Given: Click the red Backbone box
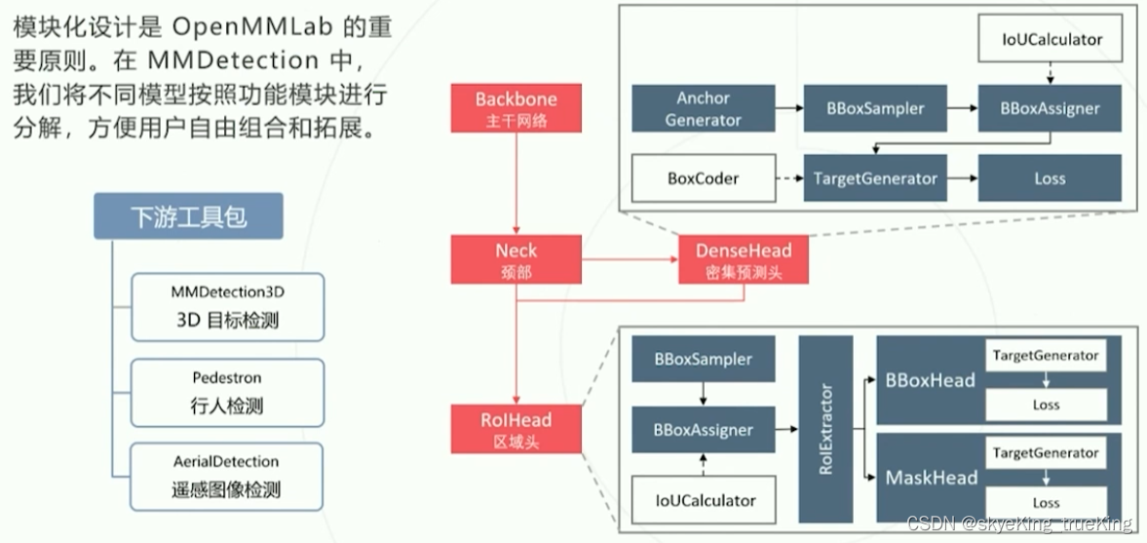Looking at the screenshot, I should point(516,108).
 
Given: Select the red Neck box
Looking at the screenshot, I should point(516,259).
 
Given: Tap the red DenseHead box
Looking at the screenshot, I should point(744,259).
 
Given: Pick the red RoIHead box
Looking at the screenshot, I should point(516,429).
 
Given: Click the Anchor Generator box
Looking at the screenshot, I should point(703,109).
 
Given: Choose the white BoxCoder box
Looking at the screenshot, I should point(703,178).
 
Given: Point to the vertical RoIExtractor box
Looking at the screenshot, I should point(825,428).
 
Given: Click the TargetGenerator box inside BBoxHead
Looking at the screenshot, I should point(1046,356).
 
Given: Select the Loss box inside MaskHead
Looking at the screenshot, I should point(1046,502).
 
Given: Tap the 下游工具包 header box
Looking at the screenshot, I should point(188,216).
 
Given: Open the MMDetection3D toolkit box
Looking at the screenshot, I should point(227,306).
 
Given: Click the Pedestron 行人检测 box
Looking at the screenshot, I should point(227,392).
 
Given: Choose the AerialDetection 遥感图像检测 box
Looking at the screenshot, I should point(227,476).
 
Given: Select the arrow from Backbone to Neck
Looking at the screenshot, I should point(516,185).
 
